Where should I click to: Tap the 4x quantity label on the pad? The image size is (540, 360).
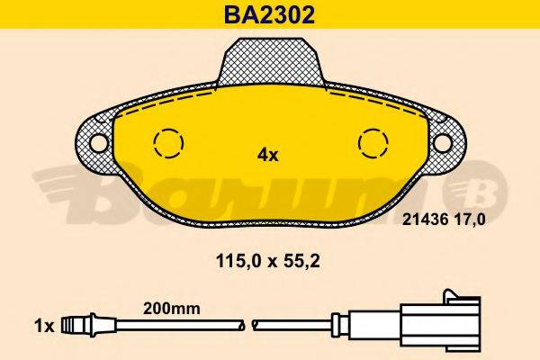(268, 154)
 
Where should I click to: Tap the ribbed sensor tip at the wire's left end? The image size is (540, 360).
(82, 321)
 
